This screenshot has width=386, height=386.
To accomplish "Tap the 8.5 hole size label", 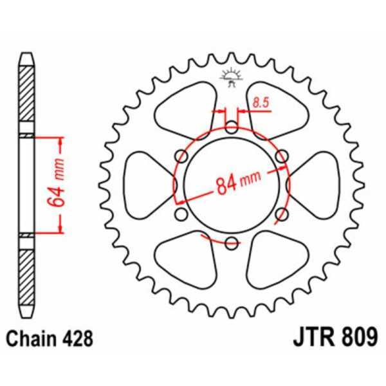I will click(261, 101).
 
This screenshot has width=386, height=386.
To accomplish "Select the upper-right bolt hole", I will click(282, 155).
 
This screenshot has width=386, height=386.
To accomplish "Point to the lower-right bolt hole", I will click(282, 214).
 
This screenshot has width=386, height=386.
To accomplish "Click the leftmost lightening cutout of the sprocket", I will click(145, 184).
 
